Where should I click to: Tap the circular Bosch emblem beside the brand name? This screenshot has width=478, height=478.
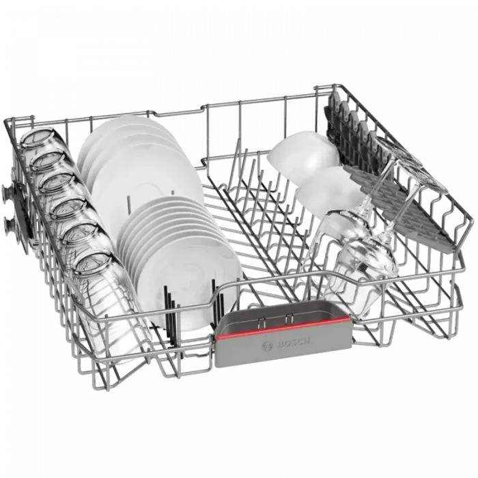[x=267, y=346]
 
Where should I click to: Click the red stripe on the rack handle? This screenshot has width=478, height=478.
[x=284, y=328]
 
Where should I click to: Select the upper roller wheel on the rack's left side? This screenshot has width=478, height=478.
[x=8, y=192]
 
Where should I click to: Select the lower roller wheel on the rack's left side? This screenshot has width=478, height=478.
[x=10, y=226]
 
